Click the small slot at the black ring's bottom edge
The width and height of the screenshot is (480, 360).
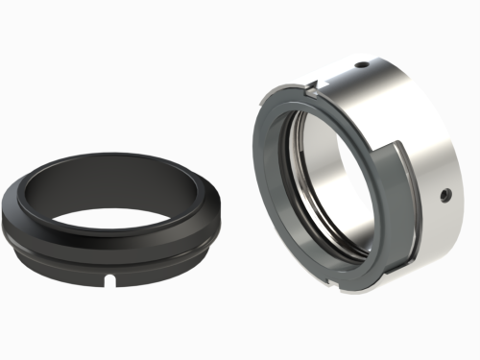[x=111, y=280]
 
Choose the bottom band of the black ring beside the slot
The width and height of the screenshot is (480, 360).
[x=144, y=274]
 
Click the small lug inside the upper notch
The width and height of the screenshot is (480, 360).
[x=313, y=95]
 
